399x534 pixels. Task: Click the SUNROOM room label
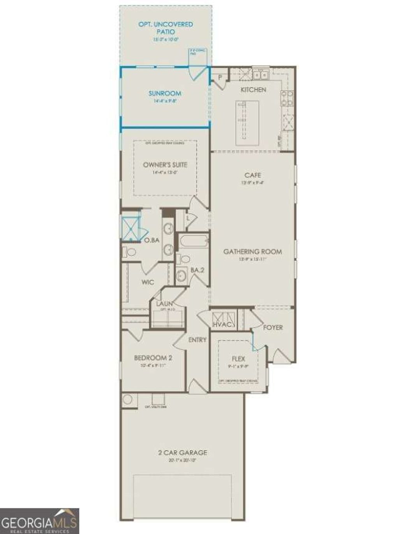point(165,93)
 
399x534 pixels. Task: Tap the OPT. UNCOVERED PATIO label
point(166,28)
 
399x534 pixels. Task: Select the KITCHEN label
point(253,90)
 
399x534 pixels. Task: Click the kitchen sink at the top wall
point(260,74)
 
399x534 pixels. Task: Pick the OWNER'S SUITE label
point(165,165)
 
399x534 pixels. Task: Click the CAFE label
point(252,176)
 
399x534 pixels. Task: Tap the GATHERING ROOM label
point(252,252)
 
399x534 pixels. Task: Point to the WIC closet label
point(147,282)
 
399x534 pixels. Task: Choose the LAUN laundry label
point(165,304)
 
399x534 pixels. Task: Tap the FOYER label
point(273,327)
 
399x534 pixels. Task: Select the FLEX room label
point(238,358)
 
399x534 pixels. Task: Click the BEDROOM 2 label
point(153,358)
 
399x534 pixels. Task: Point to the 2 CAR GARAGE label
point(182,453)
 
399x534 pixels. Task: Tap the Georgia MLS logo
point(39,521)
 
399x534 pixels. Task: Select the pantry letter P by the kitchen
point(220,78)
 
